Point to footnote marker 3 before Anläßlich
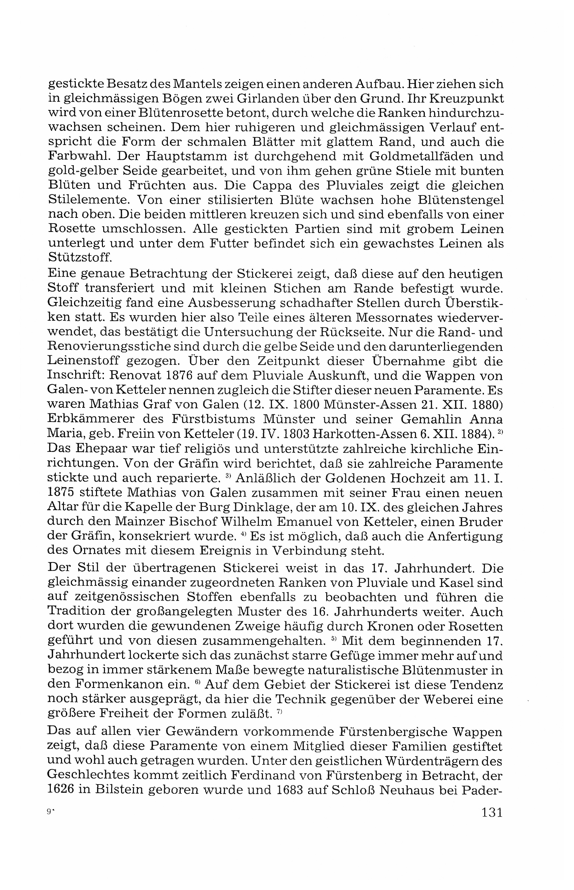pyautogui.click(x=229, y=476)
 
